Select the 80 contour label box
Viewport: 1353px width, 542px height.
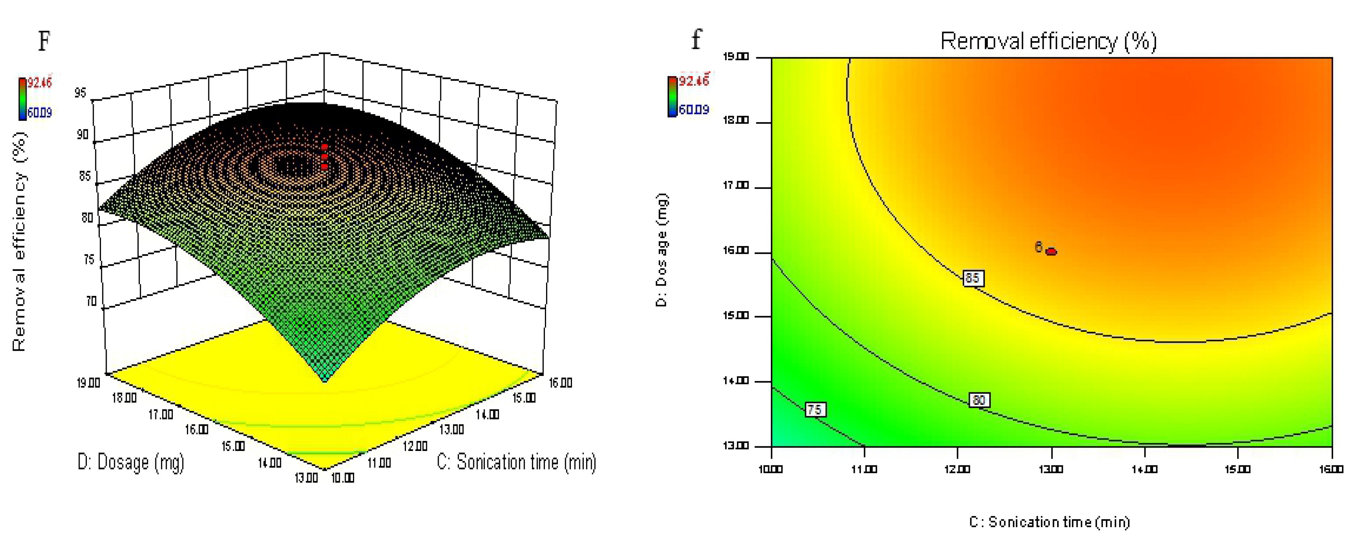coord(979,400)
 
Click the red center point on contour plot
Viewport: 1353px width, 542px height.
coord(1051,251)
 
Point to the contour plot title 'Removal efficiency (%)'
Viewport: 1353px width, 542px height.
coord(1048,41)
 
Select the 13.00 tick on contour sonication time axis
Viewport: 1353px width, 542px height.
coord(1051,469)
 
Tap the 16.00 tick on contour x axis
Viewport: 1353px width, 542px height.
coord(1331,469)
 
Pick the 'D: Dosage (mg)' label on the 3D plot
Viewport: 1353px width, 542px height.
coord(131,462)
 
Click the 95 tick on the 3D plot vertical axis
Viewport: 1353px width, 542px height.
coord(80,93)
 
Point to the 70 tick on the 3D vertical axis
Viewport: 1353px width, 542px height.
coord(91,301)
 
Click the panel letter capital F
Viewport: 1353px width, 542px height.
coord(44,41)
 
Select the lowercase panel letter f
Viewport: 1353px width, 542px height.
coord(696,39)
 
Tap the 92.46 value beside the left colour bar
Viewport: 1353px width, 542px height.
coord(40,82)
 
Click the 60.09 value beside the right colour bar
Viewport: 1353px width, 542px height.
coord(694,110)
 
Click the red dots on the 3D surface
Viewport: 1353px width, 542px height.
coord(324,157)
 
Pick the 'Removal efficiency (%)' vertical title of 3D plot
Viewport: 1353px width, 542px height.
coord(19,241)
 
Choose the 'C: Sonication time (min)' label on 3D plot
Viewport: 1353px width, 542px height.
coord(516,462)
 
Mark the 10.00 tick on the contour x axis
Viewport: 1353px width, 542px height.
coord(770,469)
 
